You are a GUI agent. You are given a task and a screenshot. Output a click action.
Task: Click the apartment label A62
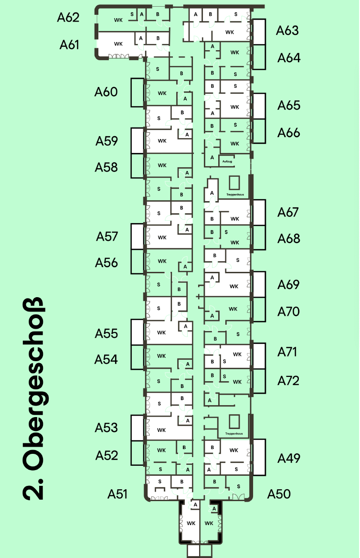point(68,18)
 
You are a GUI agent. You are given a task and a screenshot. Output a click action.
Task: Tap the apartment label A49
point(289,458)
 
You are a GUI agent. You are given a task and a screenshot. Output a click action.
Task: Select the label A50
point(279,494)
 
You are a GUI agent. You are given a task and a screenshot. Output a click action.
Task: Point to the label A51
point(117,494)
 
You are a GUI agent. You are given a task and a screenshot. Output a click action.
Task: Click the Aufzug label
point(227,161)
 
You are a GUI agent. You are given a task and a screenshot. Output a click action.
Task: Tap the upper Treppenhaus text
point(234,195)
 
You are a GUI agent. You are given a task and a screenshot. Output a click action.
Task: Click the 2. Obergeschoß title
point(33,399)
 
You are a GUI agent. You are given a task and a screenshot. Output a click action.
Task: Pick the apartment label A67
point(289,212)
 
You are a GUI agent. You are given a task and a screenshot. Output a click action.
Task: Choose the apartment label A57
point(106,236)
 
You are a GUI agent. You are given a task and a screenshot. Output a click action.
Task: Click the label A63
point(287,31)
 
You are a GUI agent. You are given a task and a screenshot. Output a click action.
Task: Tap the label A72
point(289,381)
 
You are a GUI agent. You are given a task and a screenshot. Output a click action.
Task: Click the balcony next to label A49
point(259,457)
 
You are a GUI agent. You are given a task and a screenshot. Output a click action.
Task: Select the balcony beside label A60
point(138,92)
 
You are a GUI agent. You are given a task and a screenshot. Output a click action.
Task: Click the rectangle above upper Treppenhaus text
point(234,183)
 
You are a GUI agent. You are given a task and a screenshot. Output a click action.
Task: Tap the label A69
point(289,285)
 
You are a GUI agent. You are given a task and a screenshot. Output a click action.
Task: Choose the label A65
point(289,105)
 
